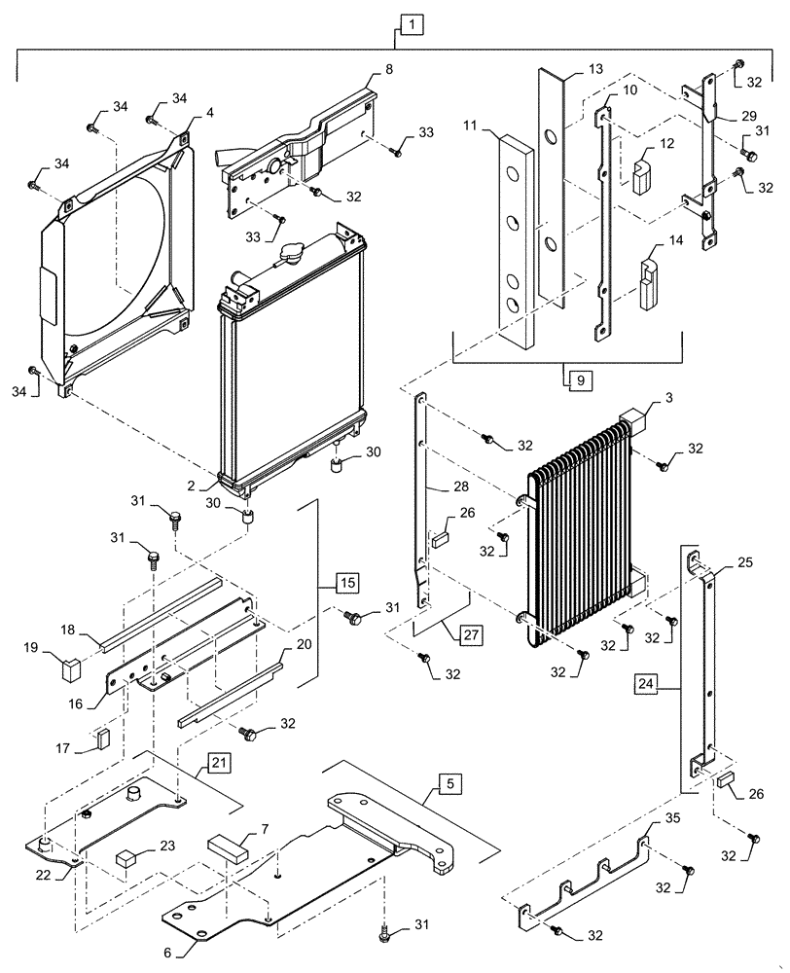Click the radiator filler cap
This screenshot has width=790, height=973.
pyautogui.click(x=292, y=255)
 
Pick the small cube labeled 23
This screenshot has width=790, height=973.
pyautogui.click(x=126, y=858)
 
